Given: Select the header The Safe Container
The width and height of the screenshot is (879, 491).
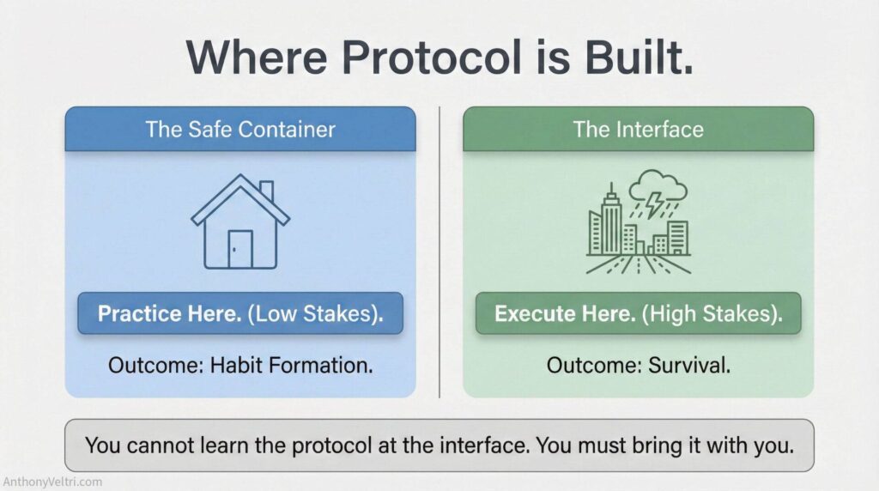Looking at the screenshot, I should [240, 130].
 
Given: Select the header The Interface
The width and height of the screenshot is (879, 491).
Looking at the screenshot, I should [638, 130].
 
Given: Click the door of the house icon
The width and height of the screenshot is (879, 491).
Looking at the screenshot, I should [240, 248].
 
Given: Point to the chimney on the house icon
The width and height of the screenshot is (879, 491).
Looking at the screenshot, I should [266, 191].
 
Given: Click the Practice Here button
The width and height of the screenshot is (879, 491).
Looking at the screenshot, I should [240, 313].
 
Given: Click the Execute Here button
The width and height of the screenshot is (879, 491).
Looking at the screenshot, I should [638, 313].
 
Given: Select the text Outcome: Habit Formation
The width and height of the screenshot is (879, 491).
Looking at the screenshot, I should [240, 365].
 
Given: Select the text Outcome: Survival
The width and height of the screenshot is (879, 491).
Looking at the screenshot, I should [638, 365].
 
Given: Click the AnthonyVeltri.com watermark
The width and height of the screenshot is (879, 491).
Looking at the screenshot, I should [52, 482].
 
